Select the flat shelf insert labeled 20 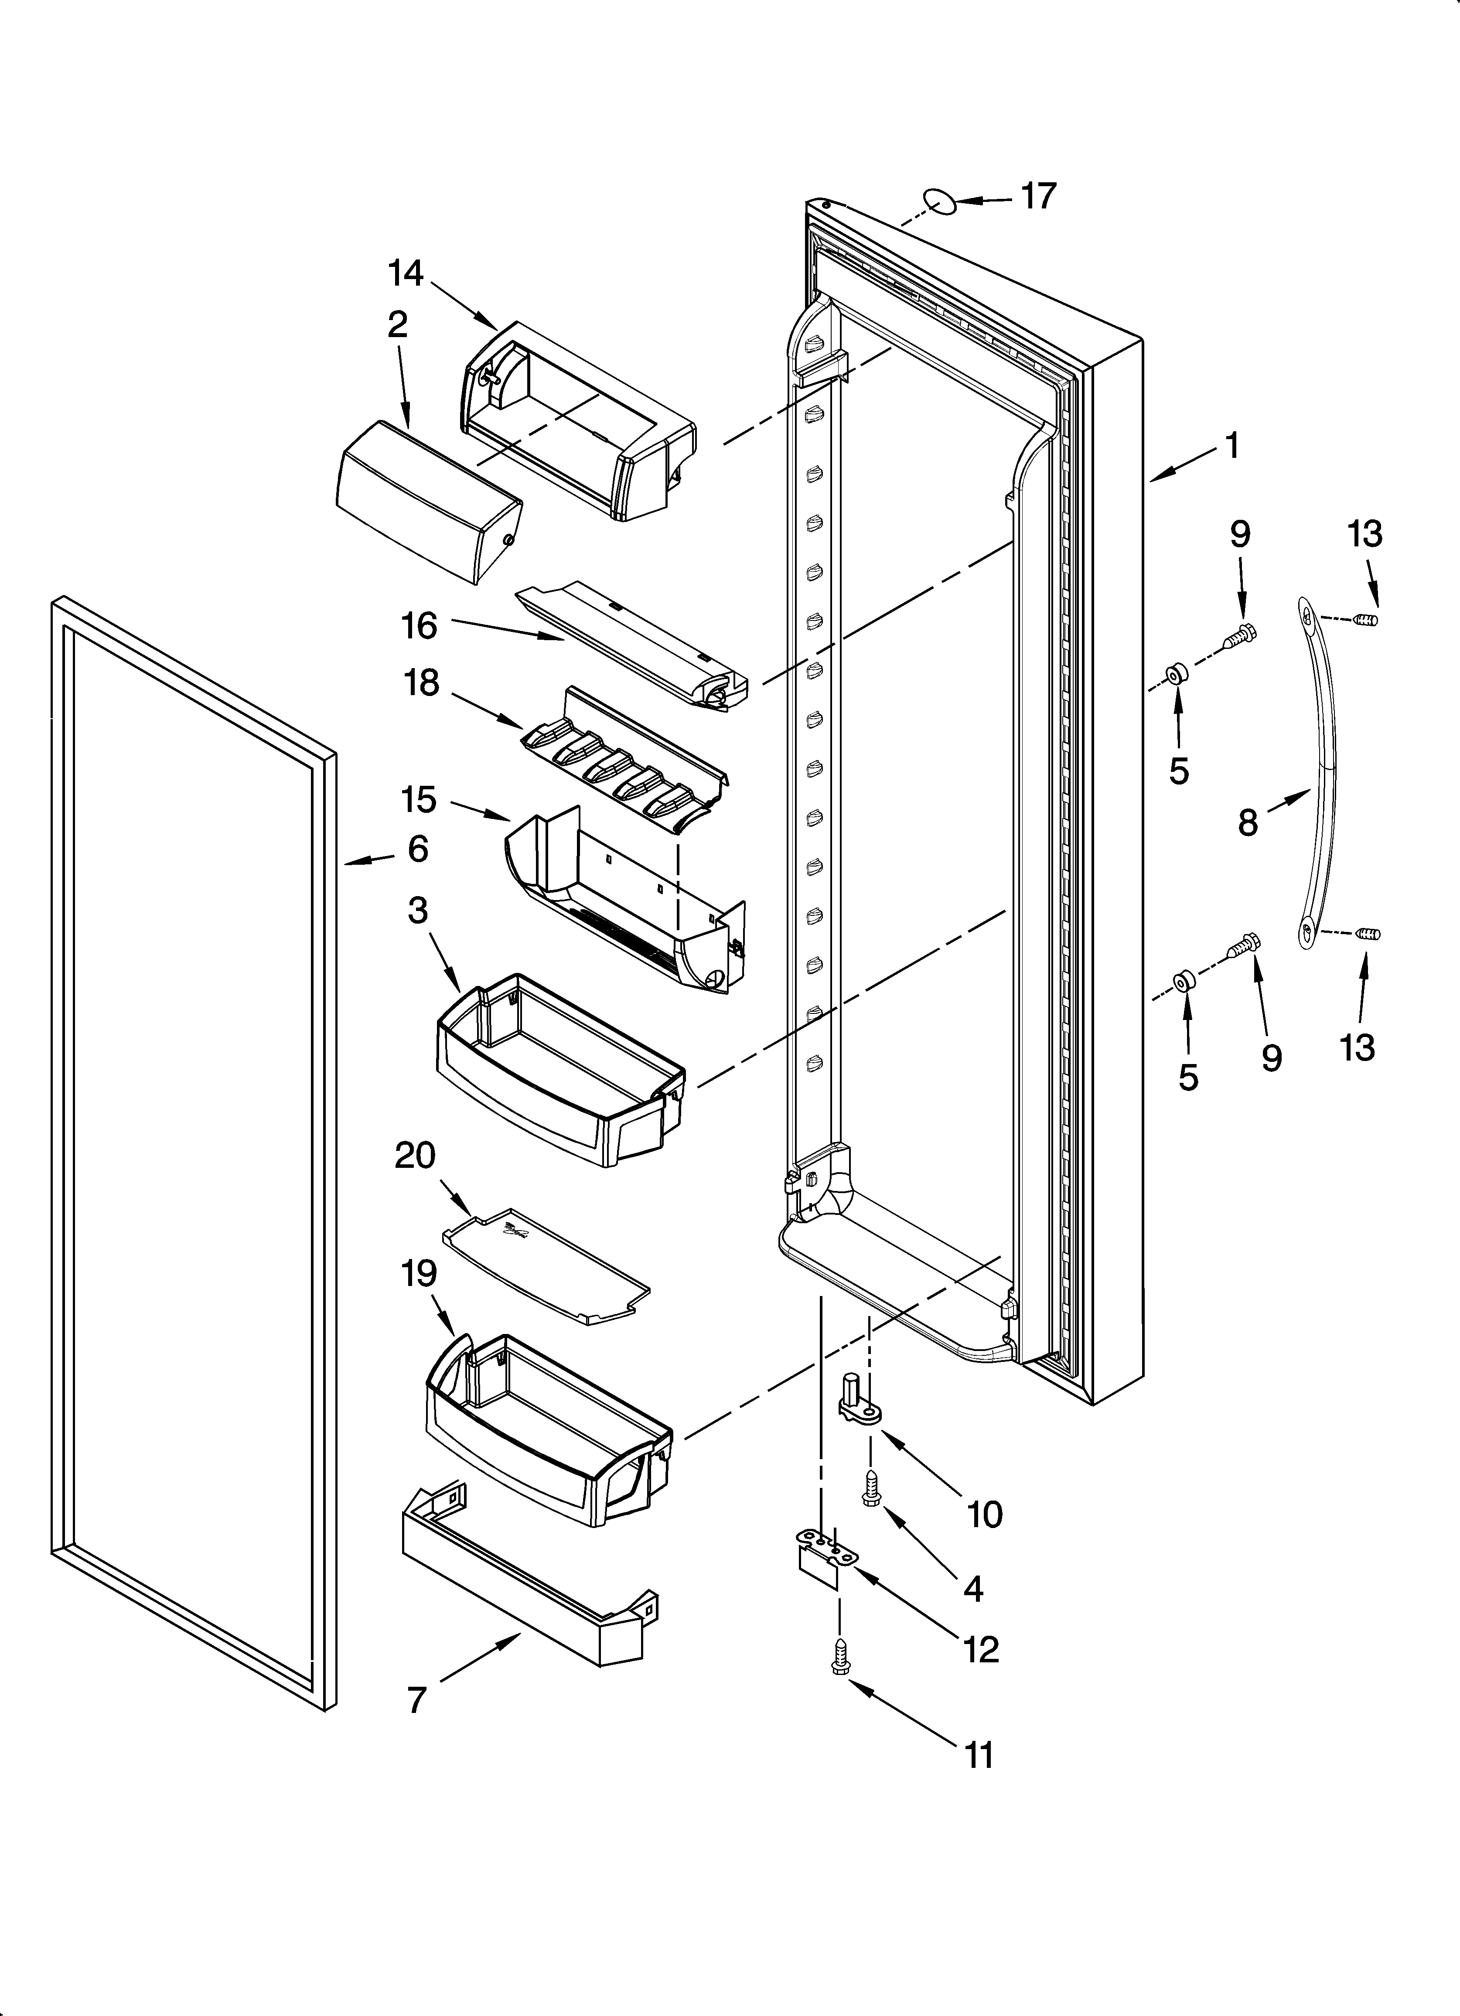pos(544,1269)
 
